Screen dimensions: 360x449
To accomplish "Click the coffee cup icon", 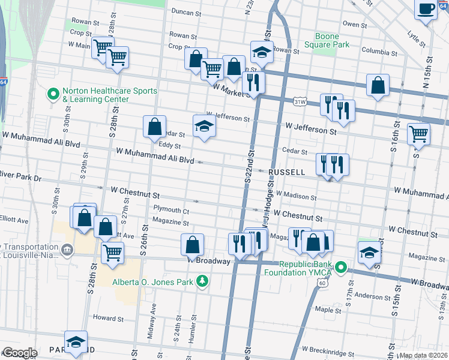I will pyautogui.click(x=426, y=10).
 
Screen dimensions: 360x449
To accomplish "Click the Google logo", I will pyautogui.click(x=19, y=353).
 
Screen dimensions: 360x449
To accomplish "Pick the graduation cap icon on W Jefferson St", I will pyautogui.click(x=204, y=126).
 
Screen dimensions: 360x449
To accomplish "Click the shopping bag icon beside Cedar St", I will pyautogui.click(x=154, y=126).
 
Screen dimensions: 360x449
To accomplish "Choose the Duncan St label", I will pyautogui.click(x=185, y=11).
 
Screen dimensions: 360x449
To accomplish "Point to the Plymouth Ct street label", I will pyautogui.click(x=171, y=211).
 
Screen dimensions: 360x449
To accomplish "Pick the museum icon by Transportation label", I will pyautogui.click(x=66, y=249).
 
